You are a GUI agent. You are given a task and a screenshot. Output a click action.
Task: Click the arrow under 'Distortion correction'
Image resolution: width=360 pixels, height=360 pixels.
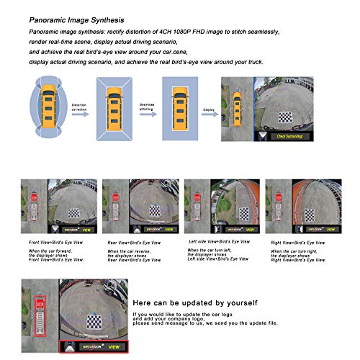pos(81,114)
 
